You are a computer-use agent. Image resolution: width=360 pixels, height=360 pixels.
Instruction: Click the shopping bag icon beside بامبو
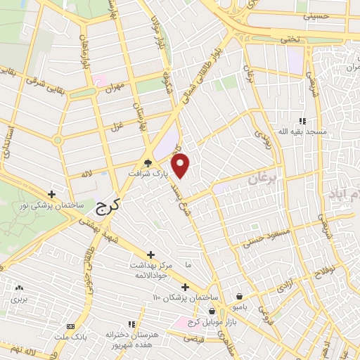point(241,296)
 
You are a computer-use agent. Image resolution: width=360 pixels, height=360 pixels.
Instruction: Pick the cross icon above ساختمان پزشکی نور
point(51,194)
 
